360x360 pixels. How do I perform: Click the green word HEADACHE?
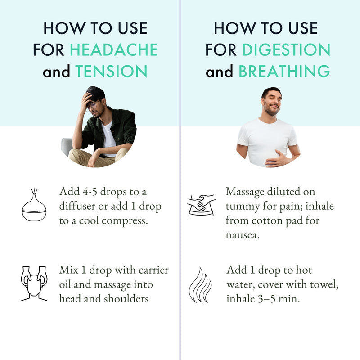tap(114, 49)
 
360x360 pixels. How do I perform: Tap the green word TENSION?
tap(111, 71)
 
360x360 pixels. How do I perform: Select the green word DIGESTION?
tap(286, 49)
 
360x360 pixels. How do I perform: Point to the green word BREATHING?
tap(284, 71)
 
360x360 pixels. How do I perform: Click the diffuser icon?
tap(34, 205)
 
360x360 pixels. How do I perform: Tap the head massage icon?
tap(34, 283)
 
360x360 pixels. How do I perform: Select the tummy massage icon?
tap(201, 205)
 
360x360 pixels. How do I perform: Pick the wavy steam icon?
tap(200, 285)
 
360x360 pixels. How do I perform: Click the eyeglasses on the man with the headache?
tap(92, 106)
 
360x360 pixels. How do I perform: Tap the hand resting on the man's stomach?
tap(276, 159)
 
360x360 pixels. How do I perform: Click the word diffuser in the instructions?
tap(77, 206)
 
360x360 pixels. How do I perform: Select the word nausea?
tap(243, 235)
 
